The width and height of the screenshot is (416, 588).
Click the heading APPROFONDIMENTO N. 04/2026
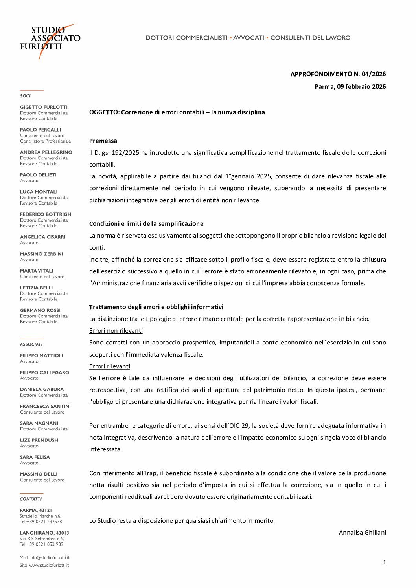pyautogui.click(x=338, y=74)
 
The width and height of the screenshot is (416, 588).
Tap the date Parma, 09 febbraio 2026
pyautogui.click(x=350, y=86)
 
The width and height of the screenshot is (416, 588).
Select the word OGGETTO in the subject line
pyautogui.click(x=104, y=112)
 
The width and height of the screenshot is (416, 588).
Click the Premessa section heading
pyautogui.click(x=103, y=141)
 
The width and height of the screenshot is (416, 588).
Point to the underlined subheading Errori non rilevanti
pyautogui.click(x=116, y=330)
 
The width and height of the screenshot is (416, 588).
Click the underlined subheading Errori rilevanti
pyautogui.click(x=109, y=366)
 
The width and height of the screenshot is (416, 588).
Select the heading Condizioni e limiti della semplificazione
pyautogui.click(x=146, y=223)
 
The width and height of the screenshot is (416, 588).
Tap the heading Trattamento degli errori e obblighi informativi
pyautogui.click(x=156, y=307)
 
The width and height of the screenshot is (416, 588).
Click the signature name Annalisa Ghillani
pyautogui.click(x=362, y=532)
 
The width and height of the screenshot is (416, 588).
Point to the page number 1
pyautogui.click(x=384, y=562)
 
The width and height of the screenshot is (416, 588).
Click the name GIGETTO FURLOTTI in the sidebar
pyautogui.click(x=44, y=107)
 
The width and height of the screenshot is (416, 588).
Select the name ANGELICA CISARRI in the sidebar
pyautogui.click(x=42, y=237)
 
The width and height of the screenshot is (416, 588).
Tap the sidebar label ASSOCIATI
pyautogui.click(x=31, y=344)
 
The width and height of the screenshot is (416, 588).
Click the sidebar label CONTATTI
pyautogui.click(x=31, y=499)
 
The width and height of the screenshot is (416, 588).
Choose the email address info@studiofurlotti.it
pyautogui.click(x=49, y=557)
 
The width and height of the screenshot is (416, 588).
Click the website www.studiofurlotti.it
pyautogui.click(x=49, y=565)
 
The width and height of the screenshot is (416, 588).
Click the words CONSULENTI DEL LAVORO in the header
pyautogui.click(x=310, y=38)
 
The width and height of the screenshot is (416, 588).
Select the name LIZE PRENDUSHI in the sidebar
pyautogui.click(x=40, y=440)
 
